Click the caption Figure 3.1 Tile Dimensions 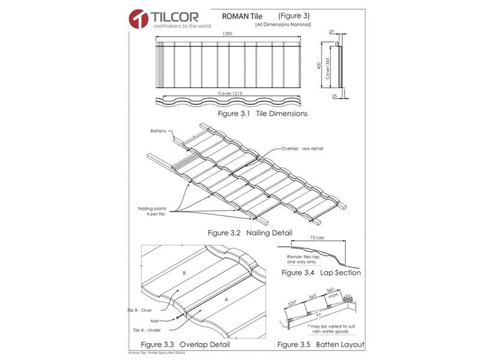click(263, 113)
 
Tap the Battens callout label click(158, 130)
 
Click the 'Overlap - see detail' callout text click(302, 148)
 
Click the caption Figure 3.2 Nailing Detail click(250, 232)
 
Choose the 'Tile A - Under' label click(148, 330)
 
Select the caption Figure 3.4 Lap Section click(322, 273)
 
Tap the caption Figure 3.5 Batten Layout click(320, 345)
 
